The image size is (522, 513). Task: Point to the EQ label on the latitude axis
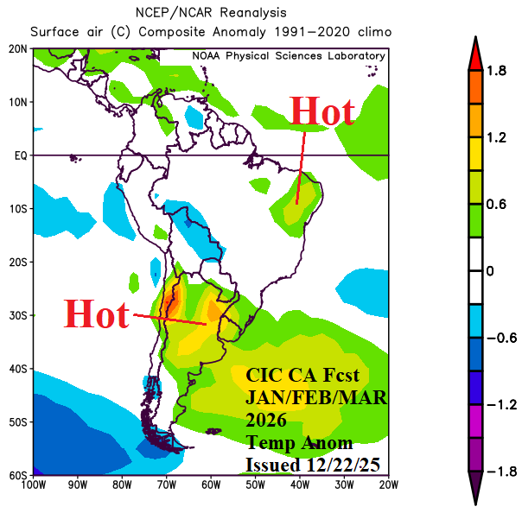(x=20, y=155)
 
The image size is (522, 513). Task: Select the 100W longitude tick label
(x=35, y=485)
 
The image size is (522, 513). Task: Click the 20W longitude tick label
(x=388, y=485)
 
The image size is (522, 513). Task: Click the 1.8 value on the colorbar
(x=496, y=71)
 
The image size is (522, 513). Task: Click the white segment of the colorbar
(x=474, y=271)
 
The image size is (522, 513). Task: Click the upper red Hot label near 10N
(x=321, y=111)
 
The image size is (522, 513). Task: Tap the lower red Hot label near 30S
(x=96, y=314)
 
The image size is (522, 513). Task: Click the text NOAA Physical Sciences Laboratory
(x=288, y=56)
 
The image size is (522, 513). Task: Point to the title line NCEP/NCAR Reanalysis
(x=211, y=13)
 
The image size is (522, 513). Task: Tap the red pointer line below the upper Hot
(x=301, y=168)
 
